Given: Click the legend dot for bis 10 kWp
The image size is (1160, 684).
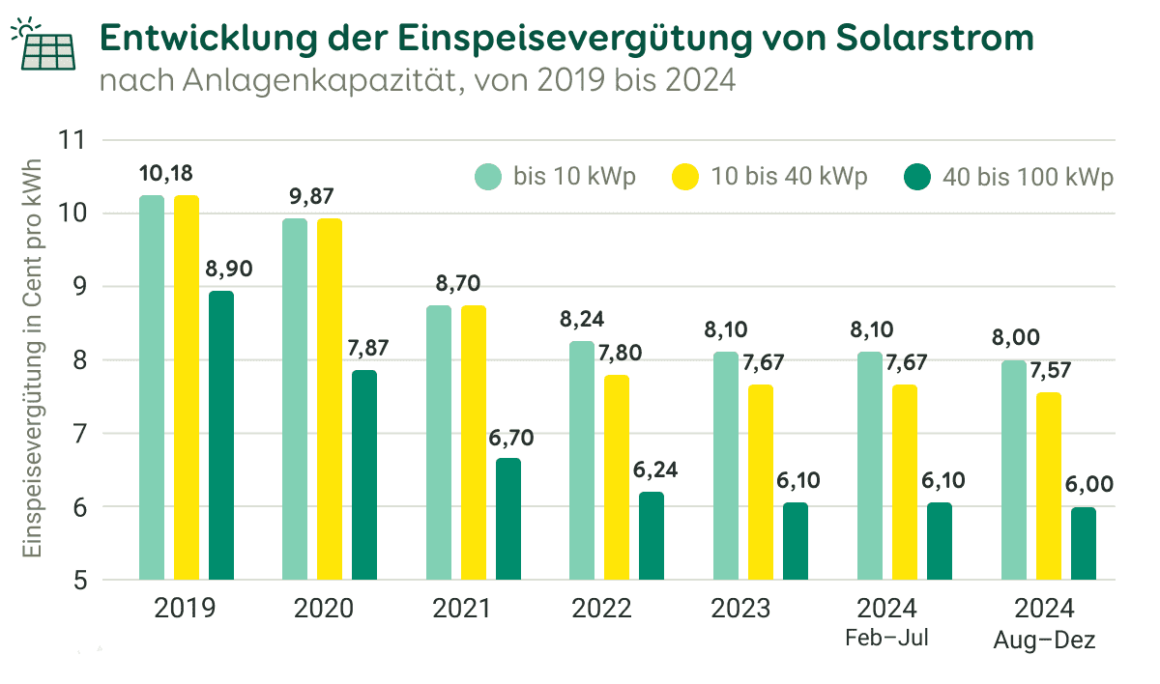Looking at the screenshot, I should [x=489, y=178].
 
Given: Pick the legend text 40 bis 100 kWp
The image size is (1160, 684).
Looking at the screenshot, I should [x=1029, y=178].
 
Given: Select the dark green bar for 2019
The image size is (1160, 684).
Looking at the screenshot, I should [x=221, y=435].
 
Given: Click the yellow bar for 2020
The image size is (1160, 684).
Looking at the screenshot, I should [x=330, y=399].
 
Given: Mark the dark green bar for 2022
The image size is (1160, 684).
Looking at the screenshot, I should [x=652, y=536].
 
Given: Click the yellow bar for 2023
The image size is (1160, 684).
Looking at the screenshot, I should [x=760, y=482].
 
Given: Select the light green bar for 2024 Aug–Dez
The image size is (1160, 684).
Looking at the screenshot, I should [x=1014, y=470].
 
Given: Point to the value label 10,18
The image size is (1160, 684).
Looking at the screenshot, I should [x=165, y=174].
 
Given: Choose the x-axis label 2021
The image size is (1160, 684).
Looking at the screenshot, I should [x=461, y=609].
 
